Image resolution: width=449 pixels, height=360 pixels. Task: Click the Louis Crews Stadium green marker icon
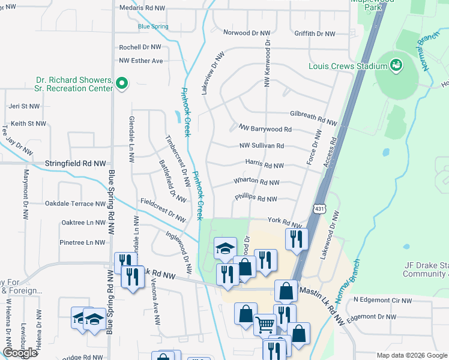(x=396, y=64)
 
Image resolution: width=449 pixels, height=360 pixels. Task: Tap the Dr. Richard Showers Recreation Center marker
(x=122, y=83)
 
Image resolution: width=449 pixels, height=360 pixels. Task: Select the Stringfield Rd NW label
(x=75, y=163)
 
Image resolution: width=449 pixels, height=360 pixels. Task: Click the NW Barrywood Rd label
(x=265, y=128)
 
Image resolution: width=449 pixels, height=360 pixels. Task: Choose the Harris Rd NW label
(x=264, y=164)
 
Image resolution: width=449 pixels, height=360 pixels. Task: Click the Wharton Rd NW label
(x=257, y=181)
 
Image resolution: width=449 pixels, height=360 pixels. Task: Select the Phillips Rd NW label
(x=256, y=199)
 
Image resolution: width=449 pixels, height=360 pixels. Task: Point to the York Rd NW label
(x=284, y=221)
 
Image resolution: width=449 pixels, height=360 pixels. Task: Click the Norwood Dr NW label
(x=247, y=34)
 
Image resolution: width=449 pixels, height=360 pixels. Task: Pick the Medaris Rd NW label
(x=142, y=8)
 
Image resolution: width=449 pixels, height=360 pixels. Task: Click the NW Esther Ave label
(x=141, y=61)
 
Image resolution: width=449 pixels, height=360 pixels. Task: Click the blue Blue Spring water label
(x=153, y=26)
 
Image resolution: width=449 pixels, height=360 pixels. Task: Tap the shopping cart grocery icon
(x=265, y=325)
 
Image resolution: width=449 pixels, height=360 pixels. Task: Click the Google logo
(x=20, y=353)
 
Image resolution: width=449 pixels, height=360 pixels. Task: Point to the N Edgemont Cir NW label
(x=382, y=300)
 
